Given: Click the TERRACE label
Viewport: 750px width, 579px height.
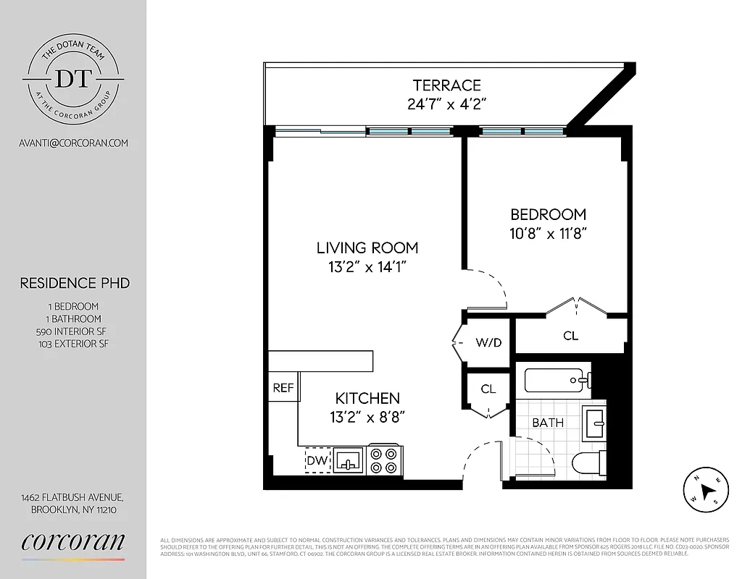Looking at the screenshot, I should tap(446, 85).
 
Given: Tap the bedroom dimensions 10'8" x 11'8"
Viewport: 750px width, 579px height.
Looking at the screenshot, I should tap(548, 233).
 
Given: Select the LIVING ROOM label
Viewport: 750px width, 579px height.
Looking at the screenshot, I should tap(367, 248).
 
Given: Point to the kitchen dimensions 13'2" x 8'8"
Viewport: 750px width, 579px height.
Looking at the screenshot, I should tap(367, 417).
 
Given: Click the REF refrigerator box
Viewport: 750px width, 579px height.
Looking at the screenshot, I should tap(283, 388).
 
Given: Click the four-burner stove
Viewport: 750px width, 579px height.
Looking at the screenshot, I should tap(385, 460).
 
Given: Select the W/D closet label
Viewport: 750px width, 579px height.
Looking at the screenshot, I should tap(488, 342).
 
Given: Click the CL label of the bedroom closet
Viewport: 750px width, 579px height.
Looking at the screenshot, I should tap(570, 336).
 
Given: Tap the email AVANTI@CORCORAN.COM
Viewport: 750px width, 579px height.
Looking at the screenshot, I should tap(73, 143).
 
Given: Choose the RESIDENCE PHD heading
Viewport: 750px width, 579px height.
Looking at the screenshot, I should tap(75, 283).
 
